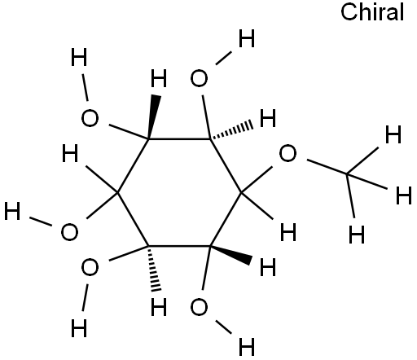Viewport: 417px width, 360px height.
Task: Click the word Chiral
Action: pos(372,12)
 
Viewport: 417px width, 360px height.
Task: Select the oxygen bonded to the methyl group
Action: pos(288,153)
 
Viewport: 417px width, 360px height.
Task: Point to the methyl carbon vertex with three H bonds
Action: pos(347,173)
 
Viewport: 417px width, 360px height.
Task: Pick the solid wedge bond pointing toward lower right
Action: pos(230,255)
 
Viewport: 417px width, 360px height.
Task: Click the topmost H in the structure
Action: pos(247,38)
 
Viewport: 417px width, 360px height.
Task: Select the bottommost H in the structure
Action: pos(247,347)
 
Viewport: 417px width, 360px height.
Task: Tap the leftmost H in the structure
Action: pos(12,211)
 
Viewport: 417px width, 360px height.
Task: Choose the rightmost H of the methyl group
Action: pos(404,195)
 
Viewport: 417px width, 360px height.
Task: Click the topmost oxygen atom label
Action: pos(199,78)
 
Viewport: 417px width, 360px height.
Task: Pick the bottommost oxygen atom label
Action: pos(199,307)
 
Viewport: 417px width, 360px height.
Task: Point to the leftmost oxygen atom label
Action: pos(69,232)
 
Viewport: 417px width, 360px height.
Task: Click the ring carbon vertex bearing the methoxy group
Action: pos(241,193)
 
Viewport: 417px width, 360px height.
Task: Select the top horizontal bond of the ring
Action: pos(179,139)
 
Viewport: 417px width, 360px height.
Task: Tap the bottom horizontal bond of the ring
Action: pos(179,246)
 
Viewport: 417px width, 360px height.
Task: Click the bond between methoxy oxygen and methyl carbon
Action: pos(327,167)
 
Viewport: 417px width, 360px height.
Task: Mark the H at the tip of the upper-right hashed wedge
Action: pos(268,118)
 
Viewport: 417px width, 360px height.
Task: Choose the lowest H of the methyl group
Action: pos(357,234)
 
